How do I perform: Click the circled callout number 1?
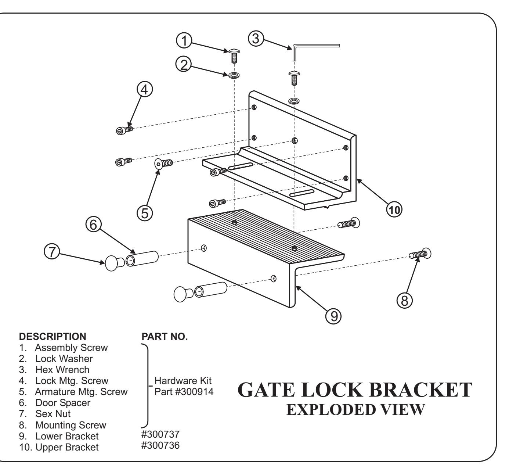tap(184, 41)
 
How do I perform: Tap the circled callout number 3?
tap(256, 39)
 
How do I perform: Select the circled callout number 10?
tap(394, 209)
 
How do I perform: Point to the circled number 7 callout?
tap(52, 251)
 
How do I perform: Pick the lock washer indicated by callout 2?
tap(234, 75)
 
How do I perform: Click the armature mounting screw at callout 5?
tap(163, 164)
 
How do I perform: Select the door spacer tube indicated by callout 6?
tap(142, 259)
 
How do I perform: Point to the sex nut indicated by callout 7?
tap(115, 263)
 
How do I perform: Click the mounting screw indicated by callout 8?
tap(420, 254)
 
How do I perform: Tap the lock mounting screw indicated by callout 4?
tap(124, 130)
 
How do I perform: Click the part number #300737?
tap(160, 434)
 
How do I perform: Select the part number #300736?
tap(160, 445)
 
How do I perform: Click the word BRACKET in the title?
tap(420, 390)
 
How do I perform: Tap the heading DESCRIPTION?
tap(53, 336)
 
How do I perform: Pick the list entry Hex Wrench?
tap(62, 369)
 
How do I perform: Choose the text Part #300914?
tap(184, 391)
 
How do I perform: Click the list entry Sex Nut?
tap(53, 413)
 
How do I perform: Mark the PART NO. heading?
tap(165, 336)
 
